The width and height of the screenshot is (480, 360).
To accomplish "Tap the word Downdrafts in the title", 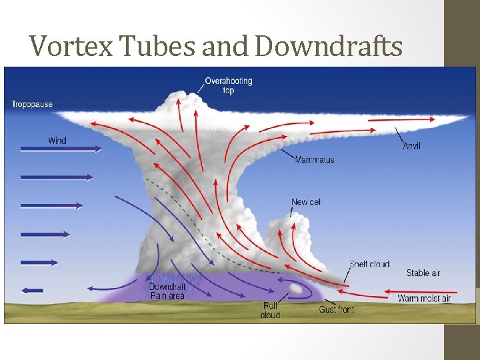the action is click(x=329, y=46).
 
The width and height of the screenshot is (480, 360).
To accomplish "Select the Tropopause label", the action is click(x=31, y=104).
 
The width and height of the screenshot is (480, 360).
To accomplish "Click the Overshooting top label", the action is click(x=228, y=85).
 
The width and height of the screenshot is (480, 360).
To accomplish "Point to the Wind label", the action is click(x=57, y=140).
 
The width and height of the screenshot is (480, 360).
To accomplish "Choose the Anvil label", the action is click(x=412, y=146).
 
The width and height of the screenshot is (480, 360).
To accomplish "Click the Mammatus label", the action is click(x=315, y=160).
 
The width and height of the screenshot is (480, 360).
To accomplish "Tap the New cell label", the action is click(x=306, y=202).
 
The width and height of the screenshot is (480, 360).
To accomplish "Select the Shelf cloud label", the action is click(x=369, y=264).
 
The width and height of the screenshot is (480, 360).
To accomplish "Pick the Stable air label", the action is click(x=423, y=273).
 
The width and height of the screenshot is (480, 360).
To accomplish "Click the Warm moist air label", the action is click(x=424, y=298).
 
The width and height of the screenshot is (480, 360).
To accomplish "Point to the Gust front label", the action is click(x=337, y=309).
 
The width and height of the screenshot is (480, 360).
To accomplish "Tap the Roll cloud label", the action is click(x=270, y=310).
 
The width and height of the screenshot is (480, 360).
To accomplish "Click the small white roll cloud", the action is click(x=295, y=289).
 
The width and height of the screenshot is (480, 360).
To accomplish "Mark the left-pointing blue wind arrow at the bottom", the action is click(x=32, y=290).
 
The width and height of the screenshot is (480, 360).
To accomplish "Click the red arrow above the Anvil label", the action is click(x=400, y=119).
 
